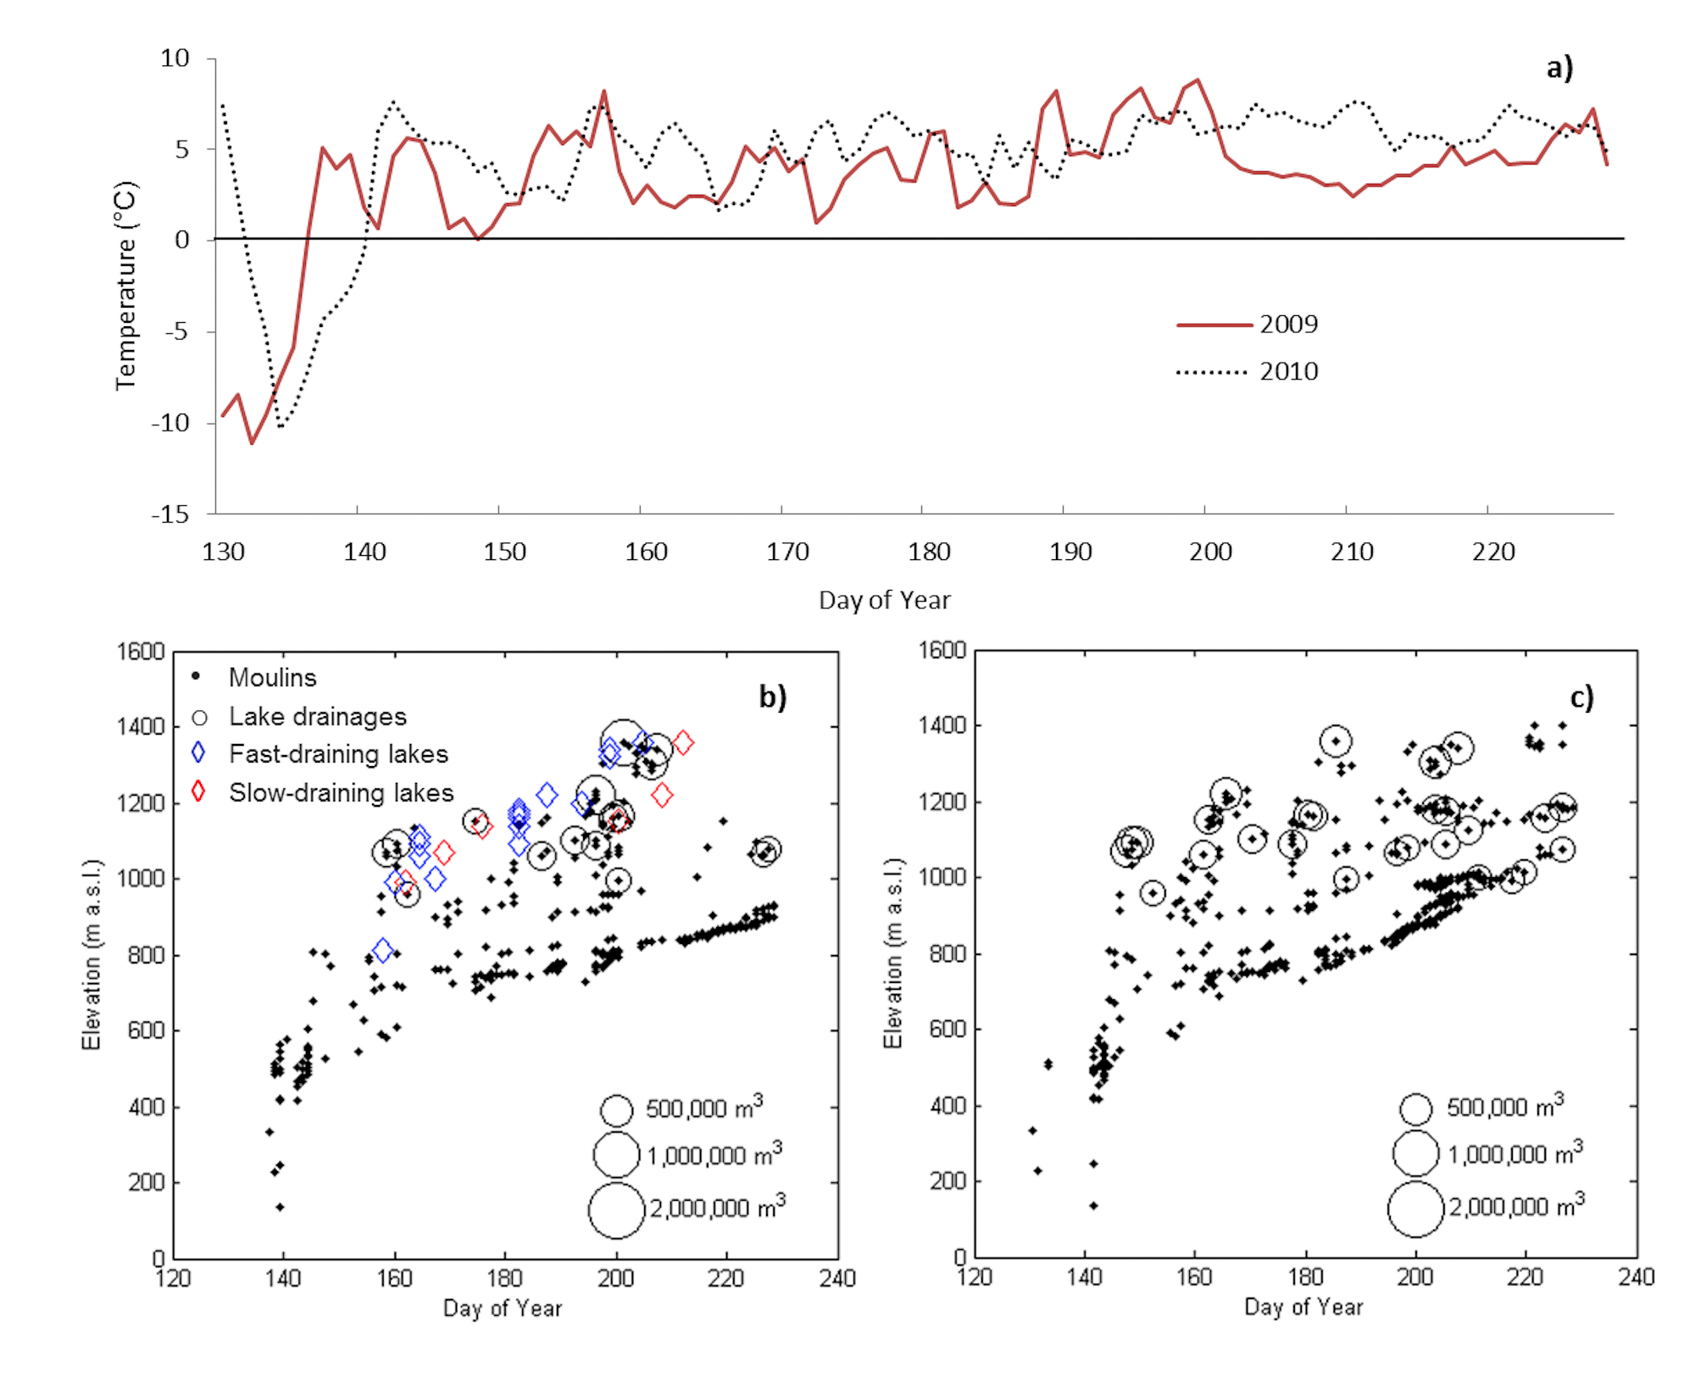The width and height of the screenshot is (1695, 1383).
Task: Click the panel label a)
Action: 1559,68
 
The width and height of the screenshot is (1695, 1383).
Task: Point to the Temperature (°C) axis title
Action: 125,285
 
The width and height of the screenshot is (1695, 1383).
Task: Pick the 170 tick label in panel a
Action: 787,553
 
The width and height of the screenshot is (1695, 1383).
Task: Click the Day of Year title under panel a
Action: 884,600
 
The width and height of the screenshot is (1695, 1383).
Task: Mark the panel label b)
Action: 772,697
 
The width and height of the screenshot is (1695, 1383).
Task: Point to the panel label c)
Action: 1581,697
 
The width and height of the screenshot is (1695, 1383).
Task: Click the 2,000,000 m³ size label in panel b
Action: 717,1207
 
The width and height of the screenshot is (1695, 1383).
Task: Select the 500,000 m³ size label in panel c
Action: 1504,1107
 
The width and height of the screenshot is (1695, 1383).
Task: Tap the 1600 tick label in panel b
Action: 141,652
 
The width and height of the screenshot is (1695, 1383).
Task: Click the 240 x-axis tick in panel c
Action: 1637,1277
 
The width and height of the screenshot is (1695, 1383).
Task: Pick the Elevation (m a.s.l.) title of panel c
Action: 893,953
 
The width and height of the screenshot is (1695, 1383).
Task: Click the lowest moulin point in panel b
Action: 281,1207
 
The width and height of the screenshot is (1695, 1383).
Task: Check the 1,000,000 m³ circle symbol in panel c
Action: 1415,1153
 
